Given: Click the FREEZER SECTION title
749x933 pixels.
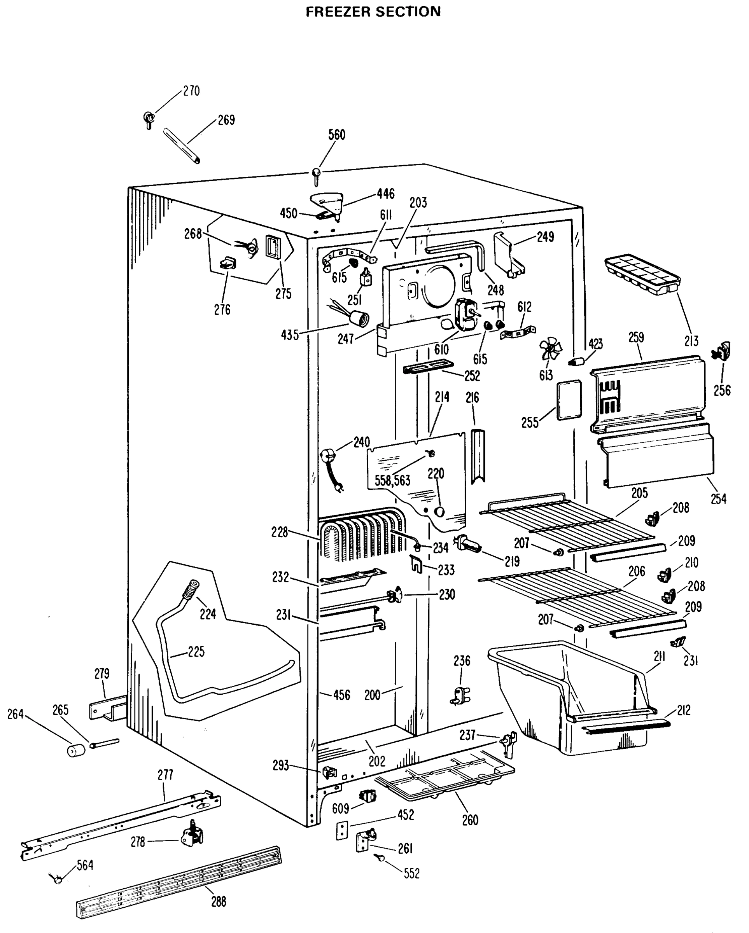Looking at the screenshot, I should tap(373, 12).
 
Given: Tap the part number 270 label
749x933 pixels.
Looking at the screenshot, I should tap(191, 91).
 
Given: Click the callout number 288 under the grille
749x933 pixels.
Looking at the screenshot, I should tap(219, 902).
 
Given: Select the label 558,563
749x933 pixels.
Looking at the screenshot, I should tap(392, 480).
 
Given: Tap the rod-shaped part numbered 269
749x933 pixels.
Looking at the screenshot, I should tap(181, 146).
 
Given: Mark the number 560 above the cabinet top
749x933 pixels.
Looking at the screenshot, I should tap(336, 135).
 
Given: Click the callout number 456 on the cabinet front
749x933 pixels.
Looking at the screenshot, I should tap(341, 695).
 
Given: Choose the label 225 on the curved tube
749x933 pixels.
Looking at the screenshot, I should tap(196, 651).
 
